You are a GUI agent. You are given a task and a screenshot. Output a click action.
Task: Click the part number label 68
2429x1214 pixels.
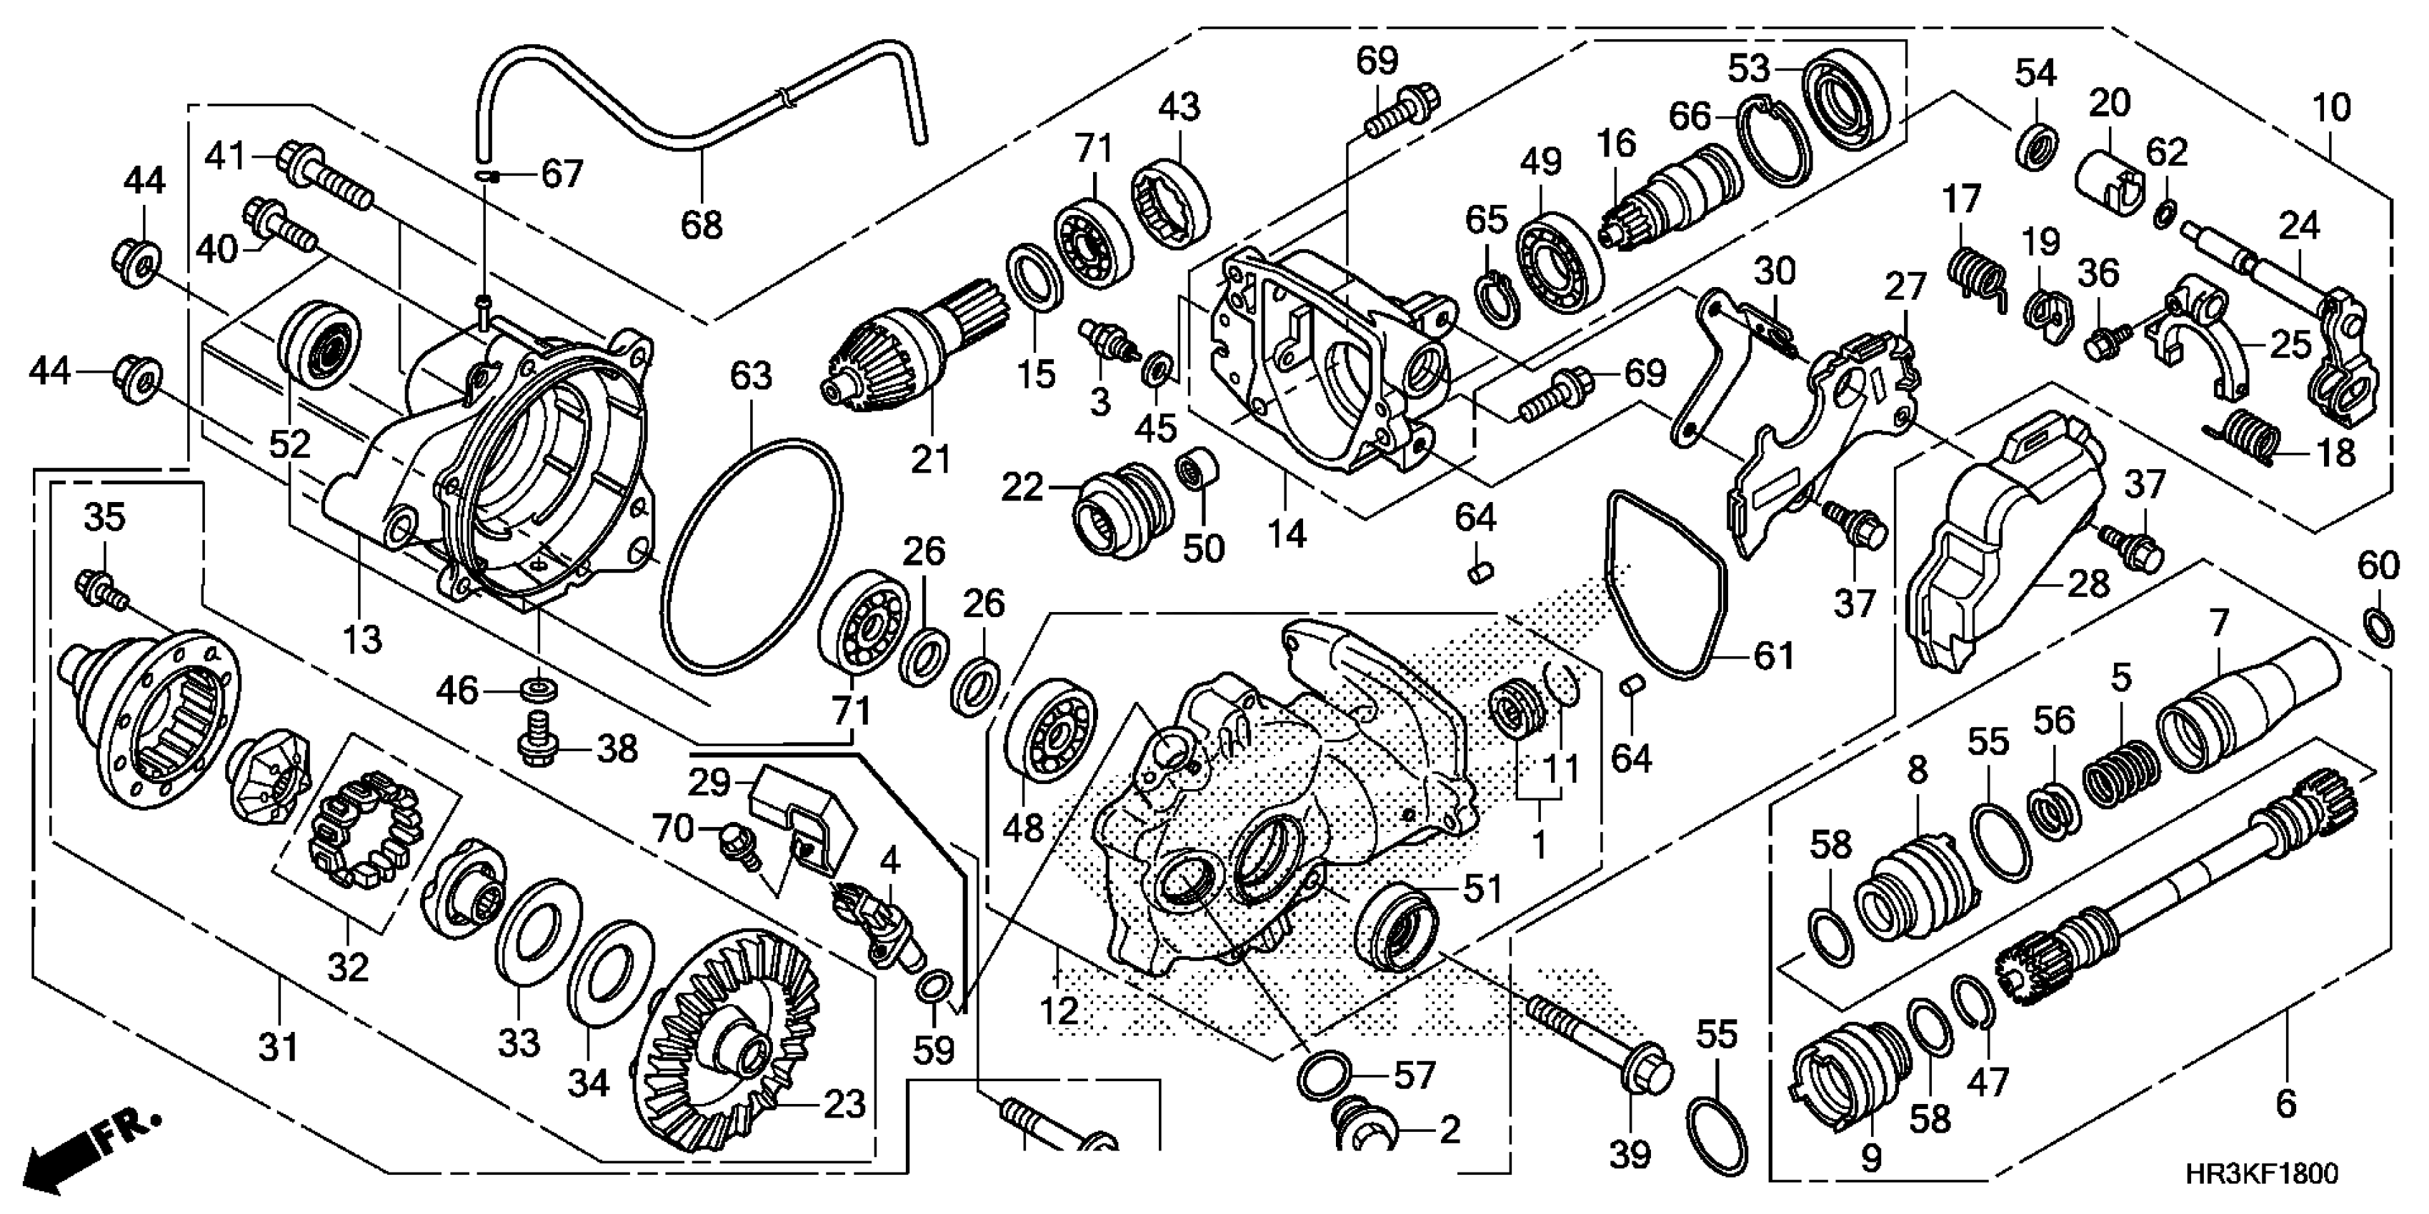702,224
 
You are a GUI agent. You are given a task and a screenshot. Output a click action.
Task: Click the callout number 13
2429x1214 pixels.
362,640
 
